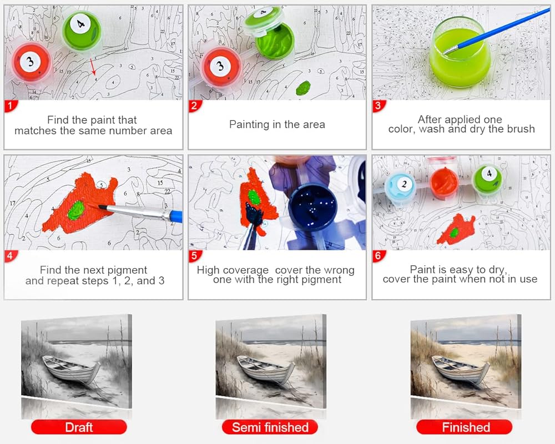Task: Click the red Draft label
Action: point(79,427)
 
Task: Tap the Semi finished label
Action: point(270,427)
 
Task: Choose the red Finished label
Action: point(465,427)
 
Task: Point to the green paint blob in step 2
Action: point(304,88)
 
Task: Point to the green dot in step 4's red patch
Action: point(75,210)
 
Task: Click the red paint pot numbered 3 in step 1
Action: point(32,63)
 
